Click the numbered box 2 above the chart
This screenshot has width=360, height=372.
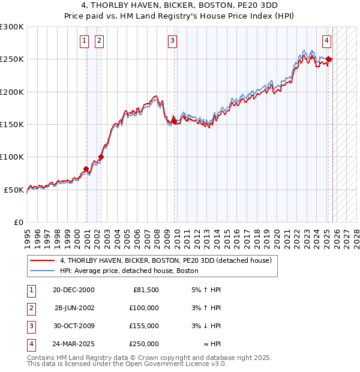click(x=99, y=41)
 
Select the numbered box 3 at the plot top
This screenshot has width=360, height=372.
click(x=172, y=41)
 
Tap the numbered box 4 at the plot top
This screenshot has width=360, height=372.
click(x=326, y=41)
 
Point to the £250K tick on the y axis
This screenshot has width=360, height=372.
click(x=12, y=59)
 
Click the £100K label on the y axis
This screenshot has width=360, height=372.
click(x=12, y=157)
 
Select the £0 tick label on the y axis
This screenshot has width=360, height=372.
click(x=18, y=222)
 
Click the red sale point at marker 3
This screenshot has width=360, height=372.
click(x=174, y=121)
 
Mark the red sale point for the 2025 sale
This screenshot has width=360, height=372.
click(x=329, y=59)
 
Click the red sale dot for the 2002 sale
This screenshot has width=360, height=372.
click(x=101, y=157)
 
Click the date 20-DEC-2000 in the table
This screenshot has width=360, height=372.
click(x=73, y=290)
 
